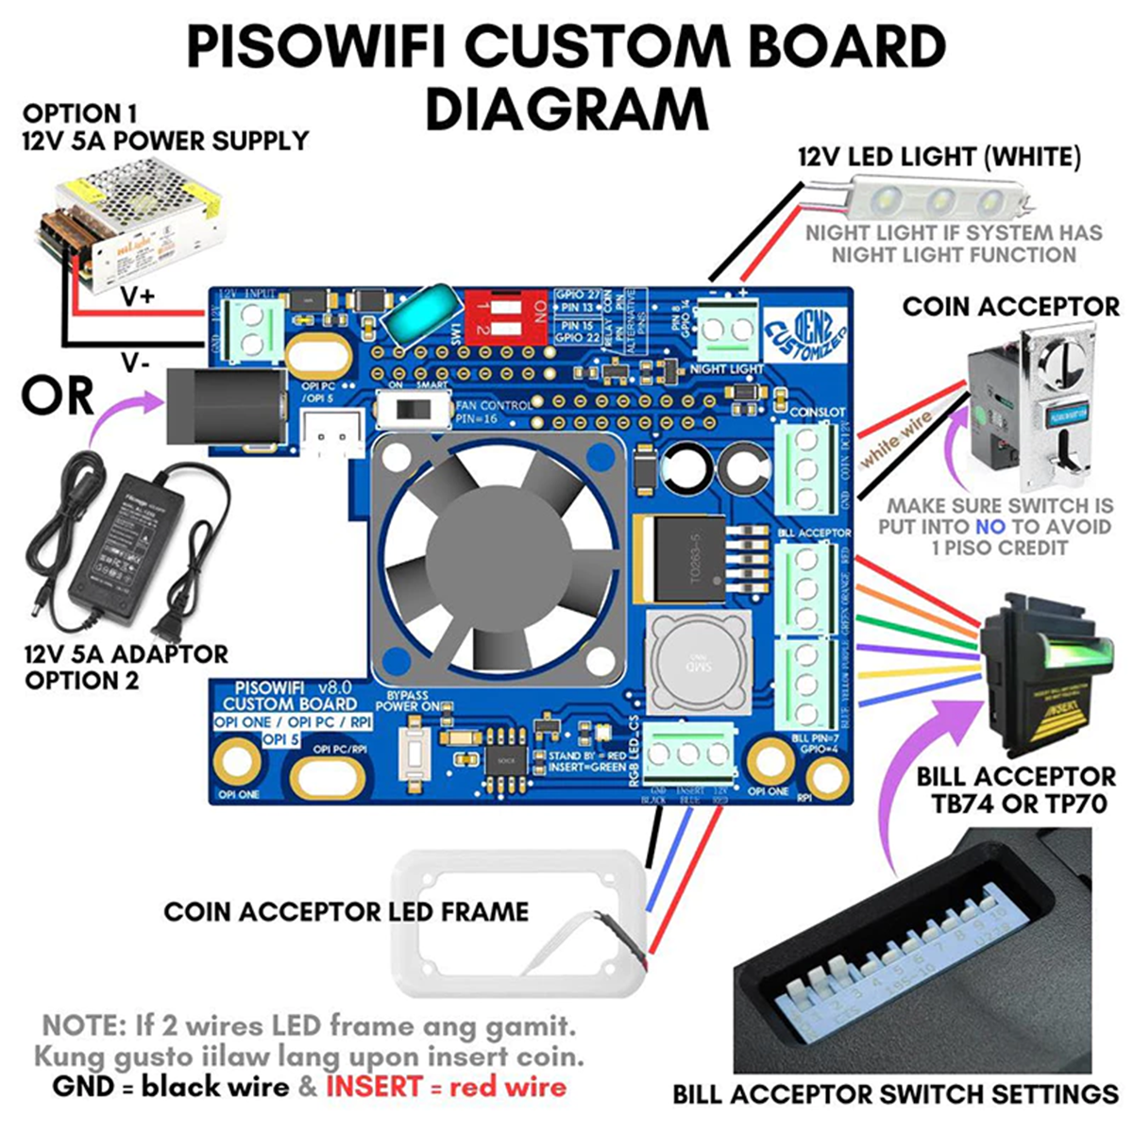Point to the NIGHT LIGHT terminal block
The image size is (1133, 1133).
pos(728,330)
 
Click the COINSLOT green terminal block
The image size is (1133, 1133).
pos(805,469)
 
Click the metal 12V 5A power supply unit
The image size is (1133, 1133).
pos(132,222)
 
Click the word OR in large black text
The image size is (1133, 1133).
pos(59,396)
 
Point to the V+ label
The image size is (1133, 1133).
pos(138,296)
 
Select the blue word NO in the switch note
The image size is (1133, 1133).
pos(990,527)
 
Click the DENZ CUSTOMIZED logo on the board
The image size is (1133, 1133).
pos(804,326)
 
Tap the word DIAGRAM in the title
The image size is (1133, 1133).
pos(566,109)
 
